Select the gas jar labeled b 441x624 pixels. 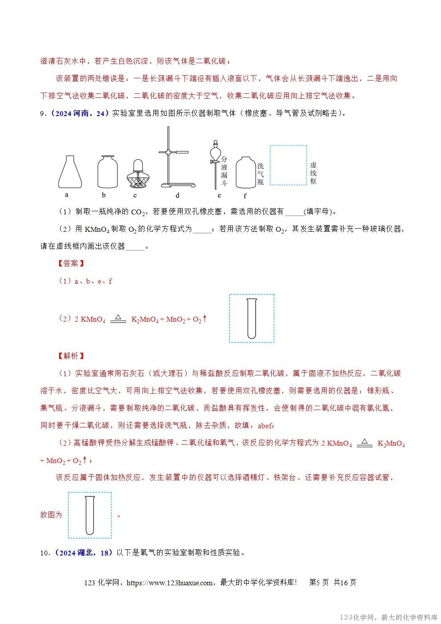pos(108,173)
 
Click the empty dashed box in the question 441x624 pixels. pos(288,165)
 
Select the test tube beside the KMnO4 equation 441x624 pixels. pos(252,318)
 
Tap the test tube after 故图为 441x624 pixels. pos(89,515)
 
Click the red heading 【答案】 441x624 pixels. pos(71,264)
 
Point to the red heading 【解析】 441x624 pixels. pos(71,356)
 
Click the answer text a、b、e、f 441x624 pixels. pos(93,281)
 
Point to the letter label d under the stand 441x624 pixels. pos(177,195)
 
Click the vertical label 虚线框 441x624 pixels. pos(313,172)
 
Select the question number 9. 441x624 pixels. pos(43,113)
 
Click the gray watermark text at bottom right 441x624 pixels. pos(389,617)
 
